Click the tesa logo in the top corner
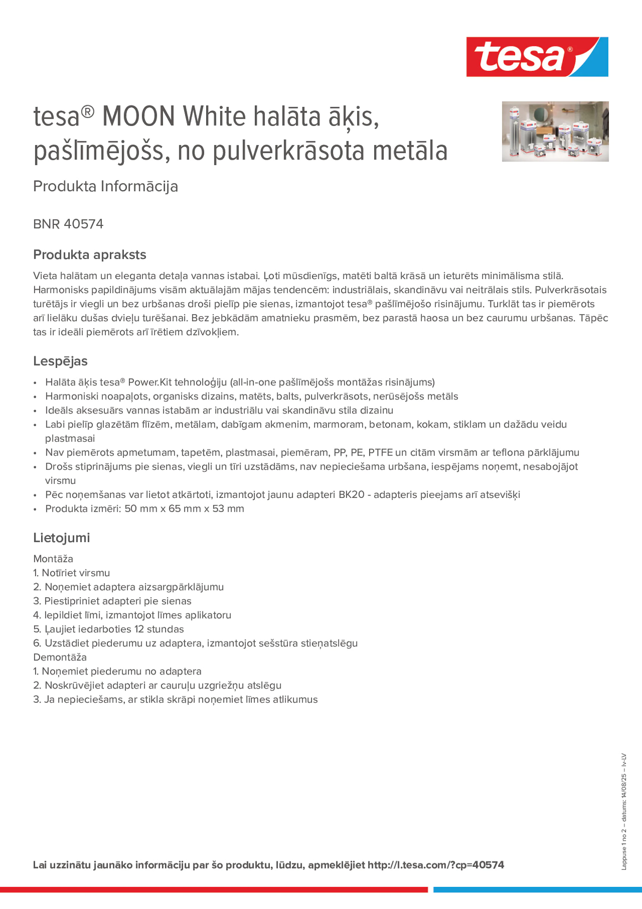point(537,57)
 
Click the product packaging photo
point(555,131)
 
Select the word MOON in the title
point(138,117)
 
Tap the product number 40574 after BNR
point(83,224)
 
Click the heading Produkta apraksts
point(89,255)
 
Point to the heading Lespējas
point(60,361)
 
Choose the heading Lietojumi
point(61,538)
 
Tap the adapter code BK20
point(351,494)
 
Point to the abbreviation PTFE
point(380,453)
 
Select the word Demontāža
point(60,657)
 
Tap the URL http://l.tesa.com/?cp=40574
point(435,865)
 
